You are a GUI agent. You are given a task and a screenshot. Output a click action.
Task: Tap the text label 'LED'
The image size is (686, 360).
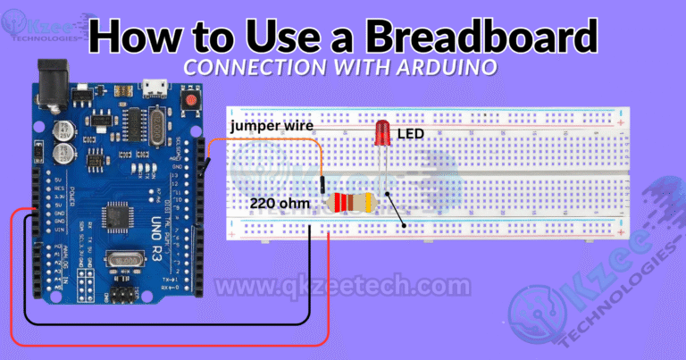pos(410,134)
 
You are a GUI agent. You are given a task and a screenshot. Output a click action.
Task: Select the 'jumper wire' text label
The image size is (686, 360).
pos(271,126)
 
